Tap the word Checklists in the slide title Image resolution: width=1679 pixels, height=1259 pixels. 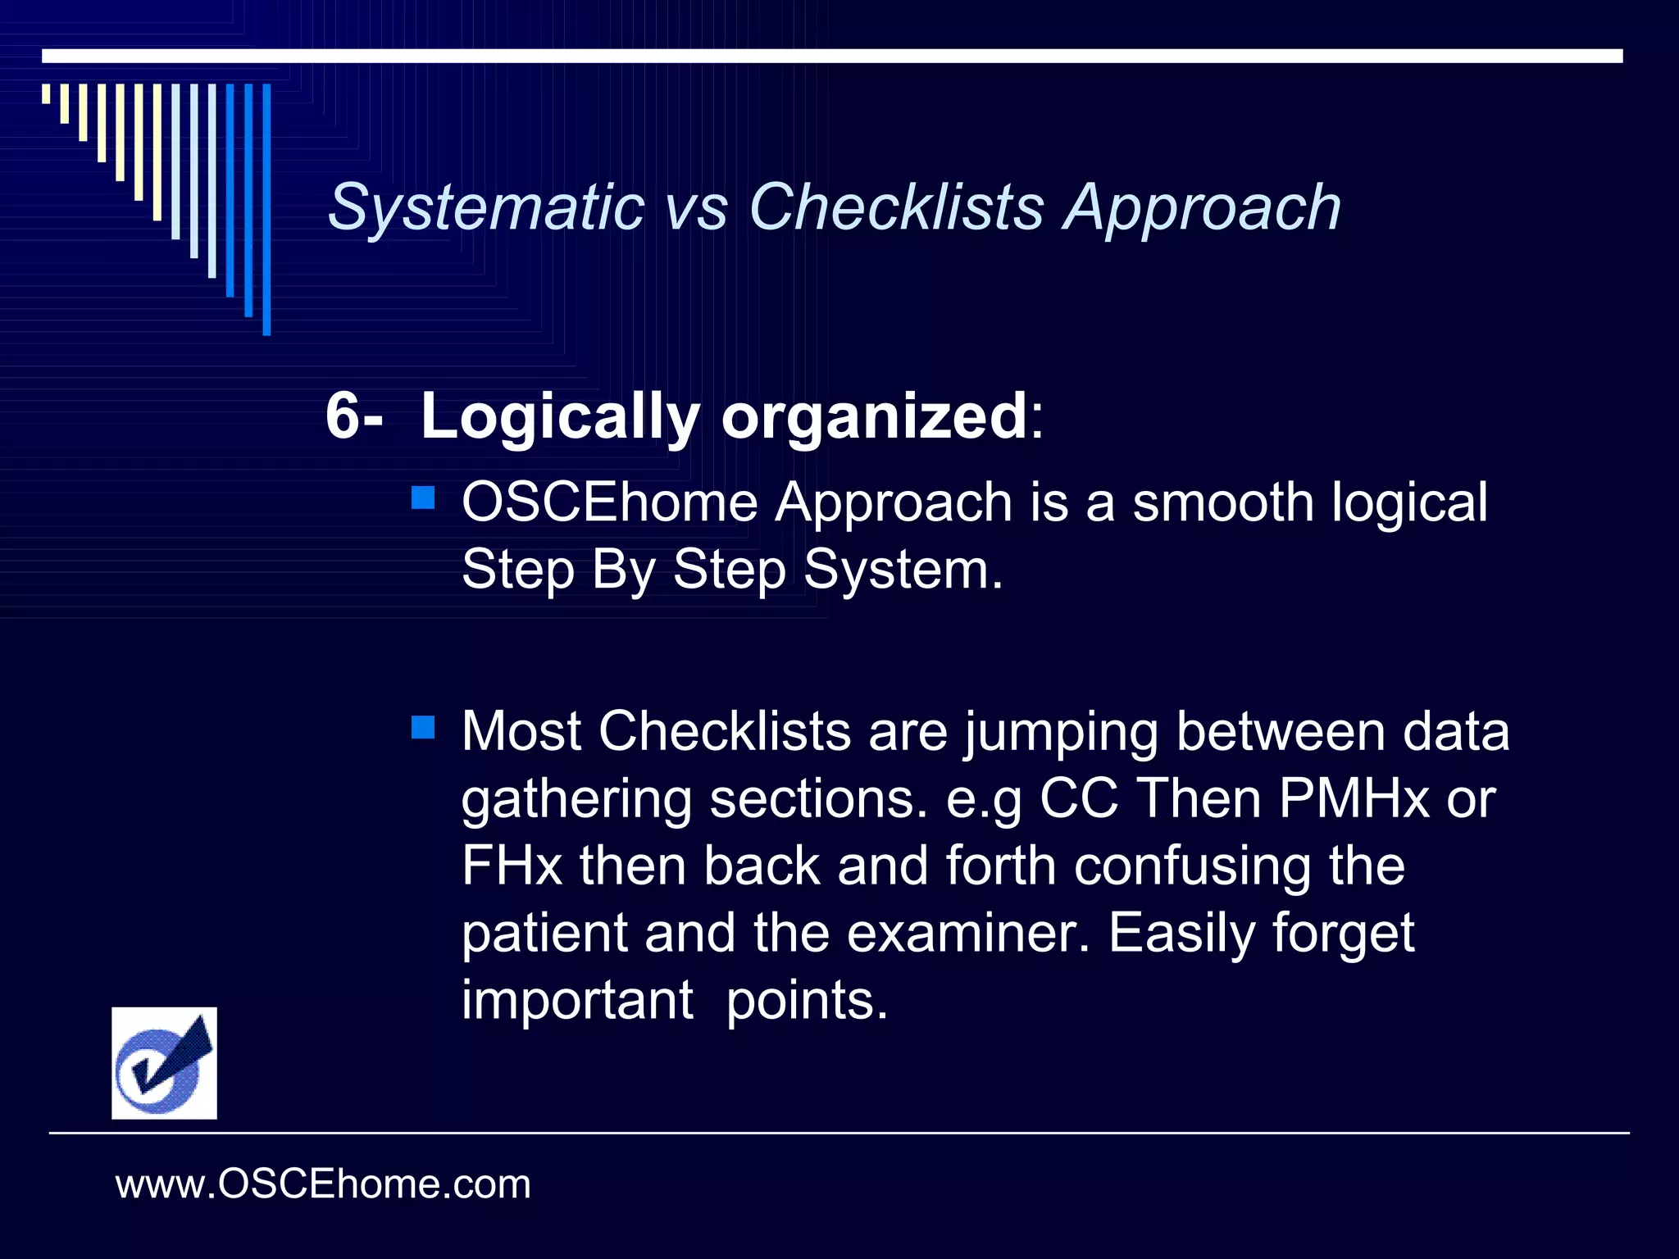click(x=895, y=207)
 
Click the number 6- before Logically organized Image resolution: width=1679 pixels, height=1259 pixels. click(x=353, y=416)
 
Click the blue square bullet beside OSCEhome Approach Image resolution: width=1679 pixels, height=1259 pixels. click(x=423, y=498)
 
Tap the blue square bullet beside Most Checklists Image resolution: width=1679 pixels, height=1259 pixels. click(x=423, y=727)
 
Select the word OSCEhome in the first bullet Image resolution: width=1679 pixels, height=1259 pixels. click(x=609, y=502)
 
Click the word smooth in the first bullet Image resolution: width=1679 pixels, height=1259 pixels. click(x=1223, y=502)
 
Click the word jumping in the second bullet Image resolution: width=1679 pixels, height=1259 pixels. click(x=1061, y=732)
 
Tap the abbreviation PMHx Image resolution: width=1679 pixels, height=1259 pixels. click(x=1353, y=798)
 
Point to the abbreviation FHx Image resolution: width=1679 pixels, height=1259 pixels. click(x=511, y=866)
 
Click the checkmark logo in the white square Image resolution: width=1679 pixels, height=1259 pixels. click(x=164, y=1063)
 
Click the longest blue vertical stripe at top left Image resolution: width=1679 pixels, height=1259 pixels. click(x=266, y=210)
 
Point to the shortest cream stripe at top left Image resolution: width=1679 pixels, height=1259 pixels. click(x=46, y=94)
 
